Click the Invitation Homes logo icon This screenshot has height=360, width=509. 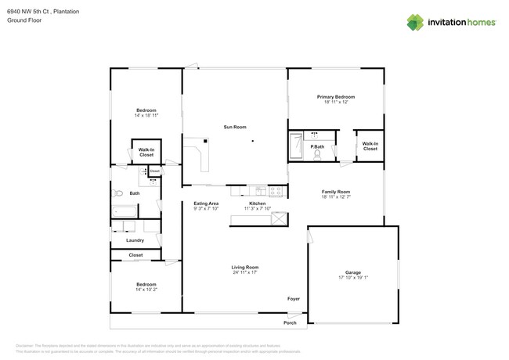coord(414,22)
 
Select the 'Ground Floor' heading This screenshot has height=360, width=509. coord(23,21)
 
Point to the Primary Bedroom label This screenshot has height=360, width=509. coord(335,97)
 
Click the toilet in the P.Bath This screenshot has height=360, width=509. coord(318,154)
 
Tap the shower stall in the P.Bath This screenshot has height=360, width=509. coord(297,146)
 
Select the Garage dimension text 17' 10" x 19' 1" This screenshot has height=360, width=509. coord(352,278)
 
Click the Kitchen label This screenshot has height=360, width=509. coord(258,203)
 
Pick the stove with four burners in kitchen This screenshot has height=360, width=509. coord(276,190)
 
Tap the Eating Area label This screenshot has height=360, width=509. coord(206,203)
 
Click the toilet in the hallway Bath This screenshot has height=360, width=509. coord(118,192)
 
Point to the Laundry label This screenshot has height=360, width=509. coord(135,240)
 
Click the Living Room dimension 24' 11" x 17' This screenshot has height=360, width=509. coord(245,272)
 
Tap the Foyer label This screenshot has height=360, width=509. coord(294,298)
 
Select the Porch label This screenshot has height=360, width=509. coord(289,322)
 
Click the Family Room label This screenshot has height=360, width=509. coord(335,192)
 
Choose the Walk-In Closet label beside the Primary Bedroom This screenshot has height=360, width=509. coord(370,146)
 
